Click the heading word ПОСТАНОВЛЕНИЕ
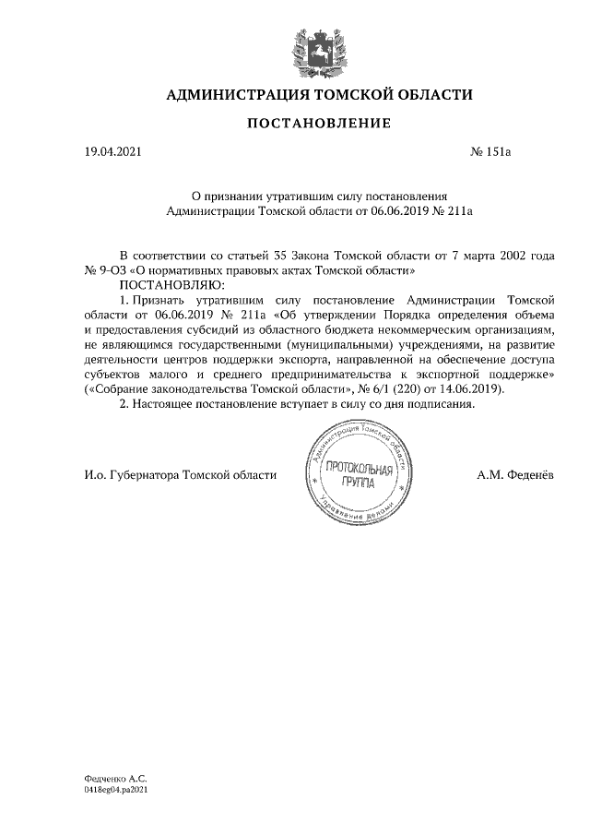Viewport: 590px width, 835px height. click(318, 124)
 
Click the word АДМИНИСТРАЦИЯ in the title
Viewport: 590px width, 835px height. click(237, 95)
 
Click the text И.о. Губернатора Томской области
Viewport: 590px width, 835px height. click(180, 476)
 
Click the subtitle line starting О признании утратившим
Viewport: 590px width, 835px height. click(318, 197)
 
